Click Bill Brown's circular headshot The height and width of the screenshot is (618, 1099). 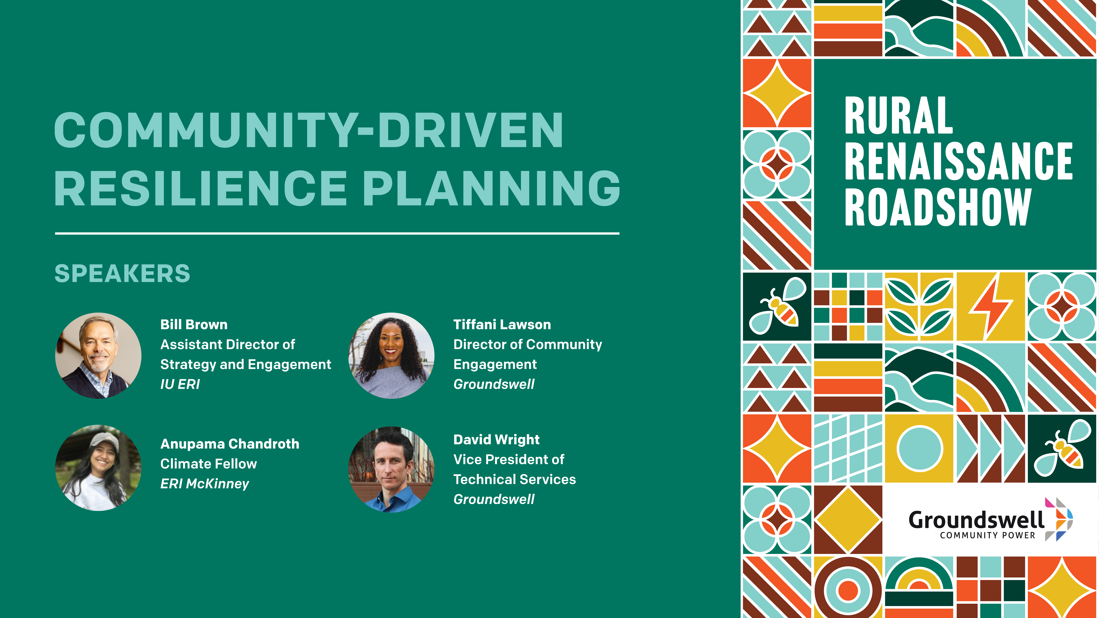[98, 356]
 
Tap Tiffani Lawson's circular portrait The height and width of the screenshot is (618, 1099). [391, 356]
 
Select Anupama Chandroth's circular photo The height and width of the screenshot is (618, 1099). [98, 468]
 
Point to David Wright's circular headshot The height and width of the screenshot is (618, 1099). [391, 469]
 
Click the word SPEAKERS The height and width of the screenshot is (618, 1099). [122, 273]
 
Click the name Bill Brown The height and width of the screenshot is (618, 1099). [194, 325]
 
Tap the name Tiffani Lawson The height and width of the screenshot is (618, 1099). [502, 325]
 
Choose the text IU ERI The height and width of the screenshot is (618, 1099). [180, 384]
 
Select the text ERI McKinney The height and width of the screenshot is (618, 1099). [204, 484]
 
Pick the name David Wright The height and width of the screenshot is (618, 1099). [496, 439]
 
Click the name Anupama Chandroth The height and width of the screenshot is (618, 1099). [230, 444]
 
